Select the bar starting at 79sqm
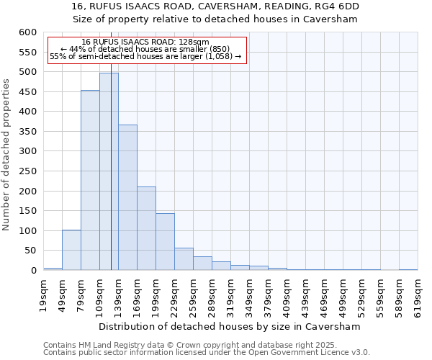pyautogui.click(x=90, y=180)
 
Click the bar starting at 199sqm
pyautogui.click(x=165, y=242)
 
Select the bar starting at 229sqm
pyautogui.click(x=184, y=259)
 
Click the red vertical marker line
pyautogui.click(x=111, y=180)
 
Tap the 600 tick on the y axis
pyautogui.click(x=27, y=32)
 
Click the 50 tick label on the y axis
pyautogui.click(x=30, y=251)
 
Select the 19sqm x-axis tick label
pyautogui.click(x=43, y=294)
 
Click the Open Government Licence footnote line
pyautogui.click(x=207, y=352)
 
